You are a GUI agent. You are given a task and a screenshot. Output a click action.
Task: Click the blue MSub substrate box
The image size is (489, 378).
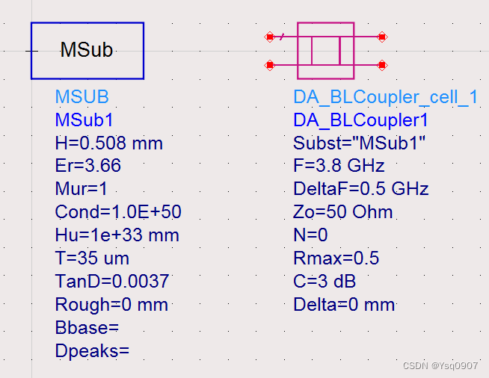[87, 51]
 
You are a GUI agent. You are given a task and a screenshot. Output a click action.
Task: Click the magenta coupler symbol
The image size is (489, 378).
[325, 51]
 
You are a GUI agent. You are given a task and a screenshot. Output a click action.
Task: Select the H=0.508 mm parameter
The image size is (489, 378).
[108, 143]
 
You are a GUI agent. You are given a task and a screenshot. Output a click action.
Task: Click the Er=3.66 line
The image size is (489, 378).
[87, 166]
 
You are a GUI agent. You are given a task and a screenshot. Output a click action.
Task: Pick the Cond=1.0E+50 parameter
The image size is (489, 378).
[118, 212]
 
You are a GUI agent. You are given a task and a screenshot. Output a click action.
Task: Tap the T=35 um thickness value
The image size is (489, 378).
[92, 258]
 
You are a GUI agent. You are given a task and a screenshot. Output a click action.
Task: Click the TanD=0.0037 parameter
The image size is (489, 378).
[112, 282]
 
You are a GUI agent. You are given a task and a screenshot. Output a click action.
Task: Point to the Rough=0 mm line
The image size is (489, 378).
[111, 305]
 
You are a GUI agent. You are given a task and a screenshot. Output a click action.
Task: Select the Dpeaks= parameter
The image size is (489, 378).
[92, 351]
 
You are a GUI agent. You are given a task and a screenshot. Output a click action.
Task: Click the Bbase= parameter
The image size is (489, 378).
[87, 328]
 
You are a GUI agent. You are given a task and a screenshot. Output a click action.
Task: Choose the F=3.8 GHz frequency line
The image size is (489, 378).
[339, 166]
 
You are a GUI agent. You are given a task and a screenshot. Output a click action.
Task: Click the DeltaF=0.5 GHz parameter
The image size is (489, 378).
[360, 189]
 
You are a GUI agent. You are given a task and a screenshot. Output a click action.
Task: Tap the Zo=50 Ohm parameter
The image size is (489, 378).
[342, 212]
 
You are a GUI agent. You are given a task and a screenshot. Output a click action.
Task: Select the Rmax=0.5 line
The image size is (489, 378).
[336, 258]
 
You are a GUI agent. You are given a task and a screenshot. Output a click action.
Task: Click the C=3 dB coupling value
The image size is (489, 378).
[324, 282]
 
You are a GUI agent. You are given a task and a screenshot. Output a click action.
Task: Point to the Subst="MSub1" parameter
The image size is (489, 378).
[359, 143]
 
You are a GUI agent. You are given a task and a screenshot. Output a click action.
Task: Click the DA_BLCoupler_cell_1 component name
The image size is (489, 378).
[385, 97]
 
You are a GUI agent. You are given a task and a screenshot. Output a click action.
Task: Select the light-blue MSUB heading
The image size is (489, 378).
[81, 97]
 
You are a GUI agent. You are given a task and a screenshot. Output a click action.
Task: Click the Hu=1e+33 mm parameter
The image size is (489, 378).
[117, 235]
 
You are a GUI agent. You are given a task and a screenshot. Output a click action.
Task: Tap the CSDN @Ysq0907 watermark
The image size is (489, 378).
[440, 366]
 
